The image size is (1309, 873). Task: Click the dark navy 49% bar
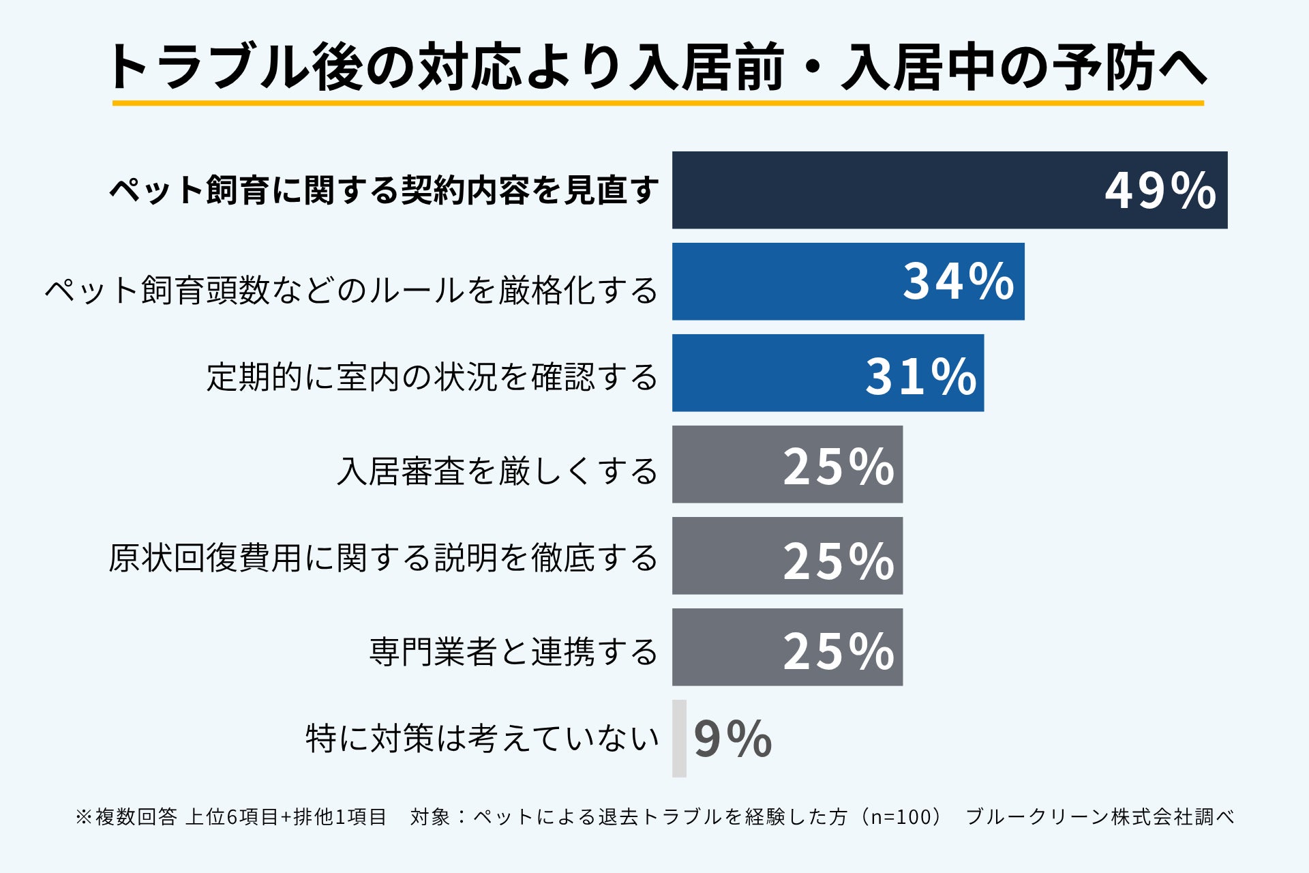click(x=950, y=190)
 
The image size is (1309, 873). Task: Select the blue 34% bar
click(x=848, y=282)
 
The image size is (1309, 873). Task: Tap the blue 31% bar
click(x=828, y=373)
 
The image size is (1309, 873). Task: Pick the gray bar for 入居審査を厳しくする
click(x=787, y=464)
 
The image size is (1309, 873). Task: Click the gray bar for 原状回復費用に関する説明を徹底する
click(x=787, y=556)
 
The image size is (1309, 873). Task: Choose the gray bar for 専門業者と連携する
click(x=787, y=647)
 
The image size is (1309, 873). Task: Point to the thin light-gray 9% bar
click(x=679, y=739)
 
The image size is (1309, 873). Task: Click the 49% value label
click(x=1160, y=190)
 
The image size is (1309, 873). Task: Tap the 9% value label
click(x=733, y=739)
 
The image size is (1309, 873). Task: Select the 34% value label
click(x=959, y=281)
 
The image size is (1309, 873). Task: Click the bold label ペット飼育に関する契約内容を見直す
click(x=385, y=190)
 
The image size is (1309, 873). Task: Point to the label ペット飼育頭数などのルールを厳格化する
click(x=351, y=290)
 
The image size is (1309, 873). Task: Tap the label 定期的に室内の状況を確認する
click(x=432, y=376)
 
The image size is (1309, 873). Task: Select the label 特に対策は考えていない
click(x=482, y=738)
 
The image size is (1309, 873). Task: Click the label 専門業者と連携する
click(x=513, y=651)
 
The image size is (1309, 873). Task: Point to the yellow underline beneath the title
click(x=658, y=103)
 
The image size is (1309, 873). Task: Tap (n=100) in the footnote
click(x=901, y=816)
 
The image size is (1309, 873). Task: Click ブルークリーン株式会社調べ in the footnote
click(x=1100, y=816)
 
